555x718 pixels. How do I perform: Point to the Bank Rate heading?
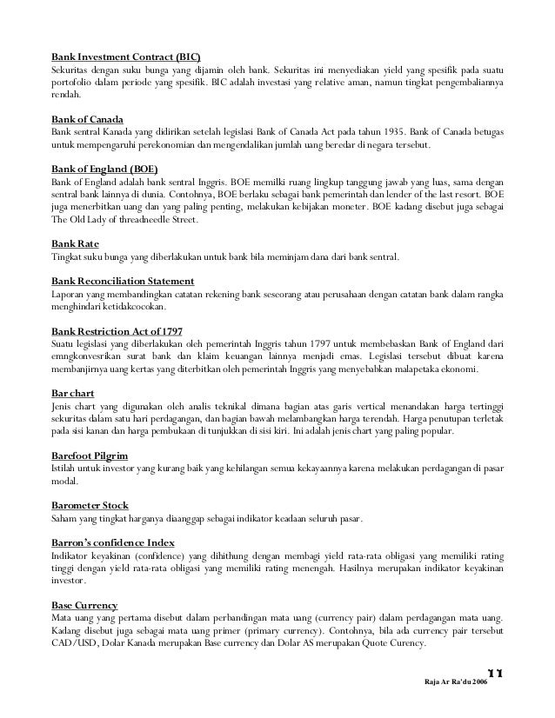tap(75, 245)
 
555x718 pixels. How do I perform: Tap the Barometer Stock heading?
tap(90, 506)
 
